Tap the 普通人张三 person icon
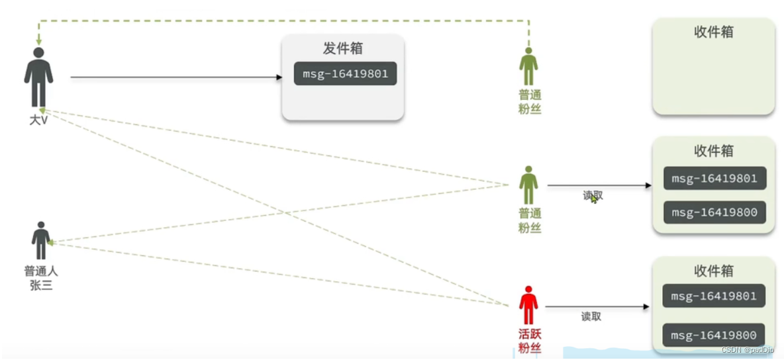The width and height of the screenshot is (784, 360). pyautogui.click(x=41, y=240)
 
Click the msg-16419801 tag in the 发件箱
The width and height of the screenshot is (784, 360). pyautogui.click(x=345, y=73)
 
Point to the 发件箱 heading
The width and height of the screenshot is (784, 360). pyautogui.click(x=342, y=48)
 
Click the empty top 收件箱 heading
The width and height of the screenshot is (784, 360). pyautogui.click(x=713, y=32)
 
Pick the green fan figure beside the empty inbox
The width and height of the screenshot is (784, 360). pyautogui.click(x=528, y=66)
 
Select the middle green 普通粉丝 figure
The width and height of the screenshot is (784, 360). pyautogui.click(x=528, y=185)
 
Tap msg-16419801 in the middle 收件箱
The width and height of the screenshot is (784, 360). pyautogui.click(x=714, y=179)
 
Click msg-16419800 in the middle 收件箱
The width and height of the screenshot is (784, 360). pyautogui.click(x=714, y=212)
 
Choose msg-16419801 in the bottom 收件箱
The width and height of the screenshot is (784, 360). pyautogui.click(x=714, y=296)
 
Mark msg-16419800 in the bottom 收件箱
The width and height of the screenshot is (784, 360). pyautogui.click(x=714, y=335)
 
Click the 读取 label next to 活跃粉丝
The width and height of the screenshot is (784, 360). pyautogui.click(x=591, y=316)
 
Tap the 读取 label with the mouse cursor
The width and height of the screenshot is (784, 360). pyautogui.click(x=593, y=195)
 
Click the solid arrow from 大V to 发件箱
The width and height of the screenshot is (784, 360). pyautogui.click(x=175, y=77)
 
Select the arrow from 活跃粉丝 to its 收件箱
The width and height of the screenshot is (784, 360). pyautogui.click(x=596, y=307)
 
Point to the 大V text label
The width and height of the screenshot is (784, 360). pyautogui.click(x=38, y=121)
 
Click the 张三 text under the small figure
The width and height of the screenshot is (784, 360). pyautogui.click(x=40, y=285)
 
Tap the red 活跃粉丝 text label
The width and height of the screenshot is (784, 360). pyautogui.click(x=529, y=341)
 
